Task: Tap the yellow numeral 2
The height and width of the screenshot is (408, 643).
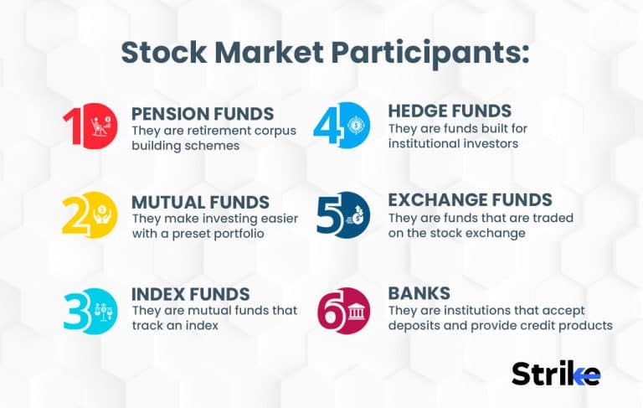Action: click(75, 216)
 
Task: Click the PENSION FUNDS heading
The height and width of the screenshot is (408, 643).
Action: click(203, 114)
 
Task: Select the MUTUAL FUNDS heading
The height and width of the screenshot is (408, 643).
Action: click(200, 203)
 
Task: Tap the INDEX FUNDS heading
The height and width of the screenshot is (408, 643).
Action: click(190, 294)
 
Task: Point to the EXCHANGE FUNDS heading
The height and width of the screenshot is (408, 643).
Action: click(470, 200)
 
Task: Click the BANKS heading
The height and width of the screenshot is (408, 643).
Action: click(419, 293)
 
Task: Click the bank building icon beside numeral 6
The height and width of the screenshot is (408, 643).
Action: click(355, 311)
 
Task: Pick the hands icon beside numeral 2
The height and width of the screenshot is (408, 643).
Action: click(102, 215)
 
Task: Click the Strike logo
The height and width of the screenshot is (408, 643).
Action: click(555, 373)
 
